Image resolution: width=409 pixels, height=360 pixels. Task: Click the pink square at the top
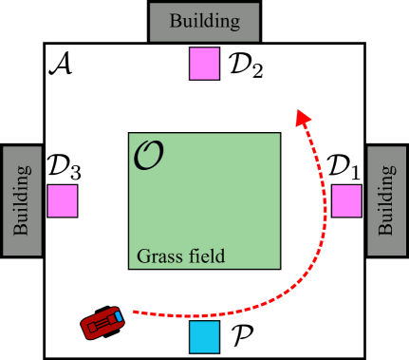point(204,64)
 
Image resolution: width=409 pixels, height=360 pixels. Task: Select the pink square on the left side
point(63,200)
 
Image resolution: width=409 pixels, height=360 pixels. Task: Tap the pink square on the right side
point(346,200)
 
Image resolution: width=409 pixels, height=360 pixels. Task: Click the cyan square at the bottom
point(204,336)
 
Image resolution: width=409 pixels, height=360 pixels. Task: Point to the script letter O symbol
point(148,156)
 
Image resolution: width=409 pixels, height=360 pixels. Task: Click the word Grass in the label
point(158,256)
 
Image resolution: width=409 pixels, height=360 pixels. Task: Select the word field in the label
point(205,256)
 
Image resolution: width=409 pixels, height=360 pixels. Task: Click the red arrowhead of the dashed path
point(303,117)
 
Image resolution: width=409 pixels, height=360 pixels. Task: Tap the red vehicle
point(103,323)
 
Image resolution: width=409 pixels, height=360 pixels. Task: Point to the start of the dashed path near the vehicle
point(135,311)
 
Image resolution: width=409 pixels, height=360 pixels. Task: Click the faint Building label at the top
point(204,21)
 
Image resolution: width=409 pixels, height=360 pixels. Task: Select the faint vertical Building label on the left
point(21,200)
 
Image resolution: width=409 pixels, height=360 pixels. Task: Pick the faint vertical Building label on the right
point(387,200)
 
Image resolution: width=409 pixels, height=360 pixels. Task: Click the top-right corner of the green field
point(279,134)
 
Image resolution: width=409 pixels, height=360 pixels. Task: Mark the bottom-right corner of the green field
point(279,267)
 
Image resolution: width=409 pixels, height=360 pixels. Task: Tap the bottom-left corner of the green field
point(130,267)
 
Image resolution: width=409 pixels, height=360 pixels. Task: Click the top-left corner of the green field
point(130,134)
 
